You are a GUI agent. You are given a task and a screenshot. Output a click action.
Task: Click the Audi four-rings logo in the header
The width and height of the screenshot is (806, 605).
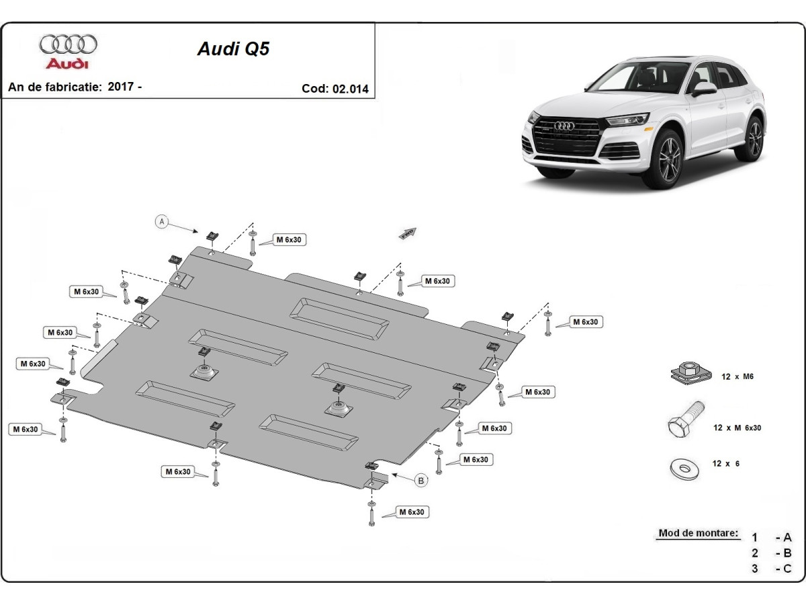coord(68,45)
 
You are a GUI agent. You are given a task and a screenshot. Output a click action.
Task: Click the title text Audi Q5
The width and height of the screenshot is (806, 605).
coord(232,49)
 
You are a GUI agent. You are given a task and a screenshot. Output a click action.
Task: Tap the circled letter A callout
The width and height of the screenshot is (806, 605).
coord(161,221)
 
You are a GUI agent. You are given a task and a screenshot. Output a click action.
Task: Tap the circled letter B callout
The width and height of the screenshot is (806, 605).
coord(421,480)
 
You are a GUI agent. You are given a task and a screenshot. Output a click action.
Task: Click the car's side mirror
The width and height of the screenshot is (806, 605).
coord(705,88)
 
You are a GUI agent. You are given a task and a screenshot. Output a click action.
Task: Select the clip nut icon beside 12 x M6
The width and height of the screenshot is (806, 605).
coord(687,373)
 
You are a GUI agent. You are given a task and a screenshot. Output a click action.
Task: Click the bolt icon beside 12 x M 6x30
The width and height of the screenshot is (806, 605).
coord(685,421)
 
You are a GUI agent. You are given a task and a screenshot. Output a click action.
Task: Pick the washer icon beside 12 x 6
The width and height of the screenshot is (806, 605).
coord(684,467)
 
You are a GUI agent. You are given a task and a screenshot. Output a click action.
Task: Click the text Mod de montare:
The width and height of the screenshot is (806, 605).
coord(697,533)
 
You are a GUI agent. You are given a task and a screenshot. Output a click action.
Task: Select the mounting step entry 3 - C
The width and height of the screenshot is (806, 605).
coord(772,569)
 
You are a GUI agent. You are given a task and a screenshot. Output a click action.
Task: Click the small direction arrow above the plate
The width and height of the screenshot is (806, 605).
coord(407,233)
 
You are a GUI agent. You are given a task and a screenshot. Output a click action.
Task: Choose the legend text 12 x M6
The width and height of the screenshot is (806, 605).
coord(737,376)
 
